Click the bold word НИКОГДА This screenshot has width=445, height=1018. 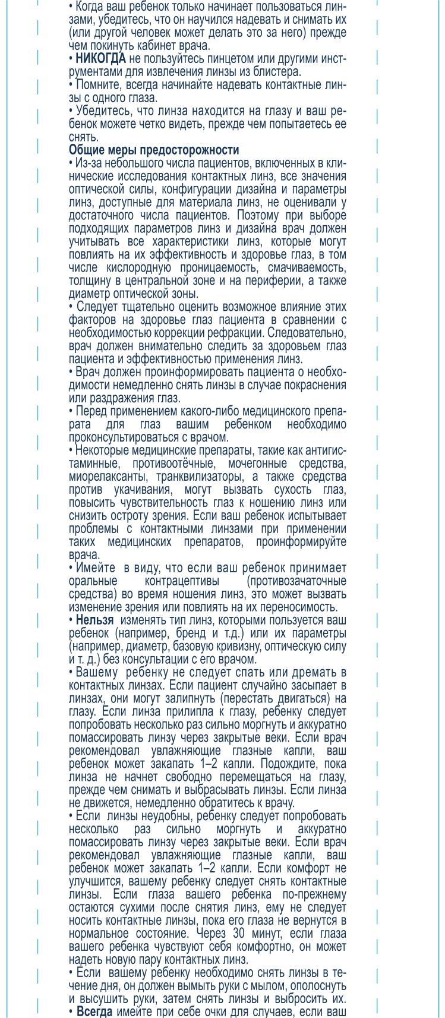100,59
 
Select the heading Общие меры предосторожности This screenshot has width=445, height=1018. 154,150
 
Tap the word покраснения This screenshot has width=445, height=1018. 317,385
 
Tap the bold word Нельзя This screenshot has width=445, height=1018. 94,620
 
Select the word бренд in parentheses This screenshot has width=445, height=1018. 190,633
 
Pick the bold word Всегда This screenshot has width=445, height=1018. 94,1012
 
